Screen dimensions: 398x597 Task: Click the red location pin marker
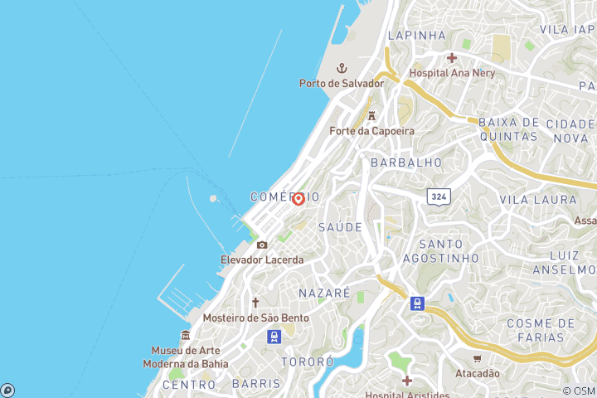pyautogui.click(x=298, y=198)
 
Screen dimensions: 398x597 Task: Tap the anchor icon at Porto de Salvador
pyautogui.click(x=340, y=68)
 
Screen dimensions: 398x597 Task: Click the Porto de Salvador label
pyautogui.click(x=342, y=83)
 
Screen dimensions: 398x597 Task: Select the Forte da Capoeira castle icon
pyautogui.click(x=371, y=116)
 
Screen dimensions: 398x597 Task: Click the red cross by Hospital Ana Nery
pyautogui.click(x=452, y=57)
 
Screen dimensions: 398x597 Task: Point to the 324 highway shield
pyautogui.click(x=439, y=197)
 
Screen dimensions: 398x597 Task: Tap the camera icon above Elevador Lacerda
pyautogui.click(x=262, y=245)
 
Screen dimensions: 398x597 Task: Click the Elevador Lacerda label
pyautogui.click(x=262, y=260)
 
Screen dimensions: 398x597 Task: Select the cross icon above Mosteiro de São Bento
pyautogui.click(x=255, y=303)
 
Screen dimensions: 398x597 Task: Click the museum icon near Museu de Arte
pyautogui.click(x=186, y=335)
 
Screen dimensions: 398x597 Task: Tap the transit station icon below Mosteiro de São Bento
pyautogui.click(x=274, y=336)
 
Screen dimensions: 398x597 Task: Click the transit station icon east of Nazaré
pyautogui.click(x=417, y=303)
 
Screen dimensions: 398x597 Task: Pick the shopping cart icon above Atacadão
pyautogui.click(x=477, y=358)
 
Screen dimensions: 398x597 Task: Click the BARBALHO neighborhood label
pyautogui.click(x=406, y=163)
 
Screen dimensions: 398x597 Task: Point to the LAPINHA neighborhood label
pyautogui.click(x=417, y=36)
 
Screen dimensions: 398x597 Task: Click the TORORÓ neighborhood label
pyautogui.click(x=307, y=362)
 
